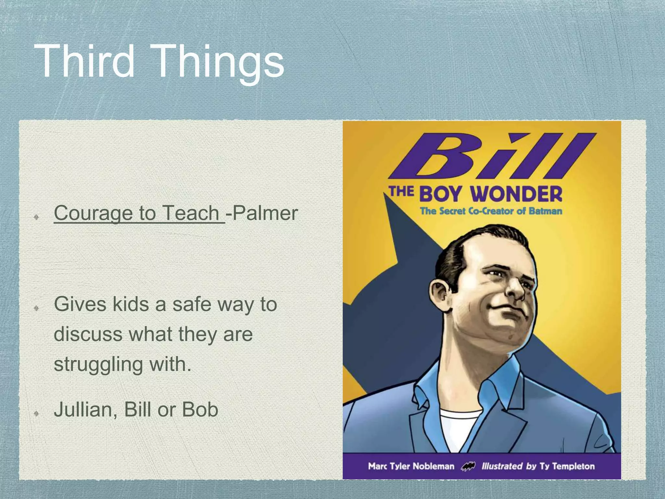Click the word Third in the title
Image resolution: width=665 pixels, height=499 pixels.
85,61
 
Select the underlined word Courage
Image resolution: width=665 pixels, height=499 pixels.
93,213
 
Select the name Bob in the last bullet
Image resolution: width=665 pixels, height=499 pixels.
200,410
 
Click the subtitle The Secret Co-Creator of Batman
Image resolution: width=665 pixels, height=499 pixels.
491,211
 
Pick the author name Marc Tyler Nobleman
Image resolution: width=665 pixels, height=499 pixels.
411,467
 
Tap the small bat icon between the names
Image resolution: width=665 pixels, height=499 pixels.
468,467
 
